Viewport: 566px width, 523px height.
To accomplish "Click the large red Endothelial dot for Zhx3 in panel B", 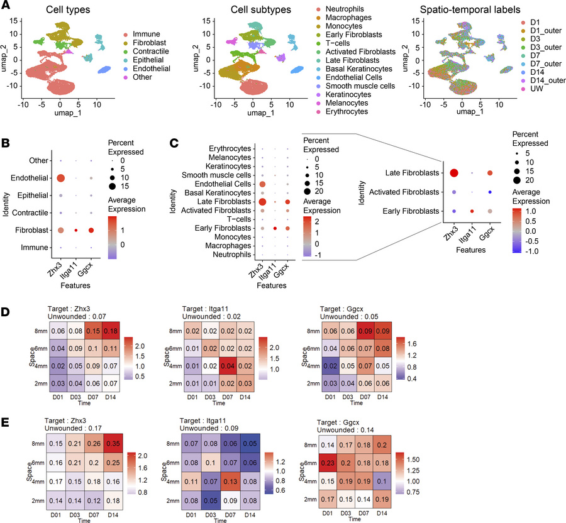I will tap(61, 179).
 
